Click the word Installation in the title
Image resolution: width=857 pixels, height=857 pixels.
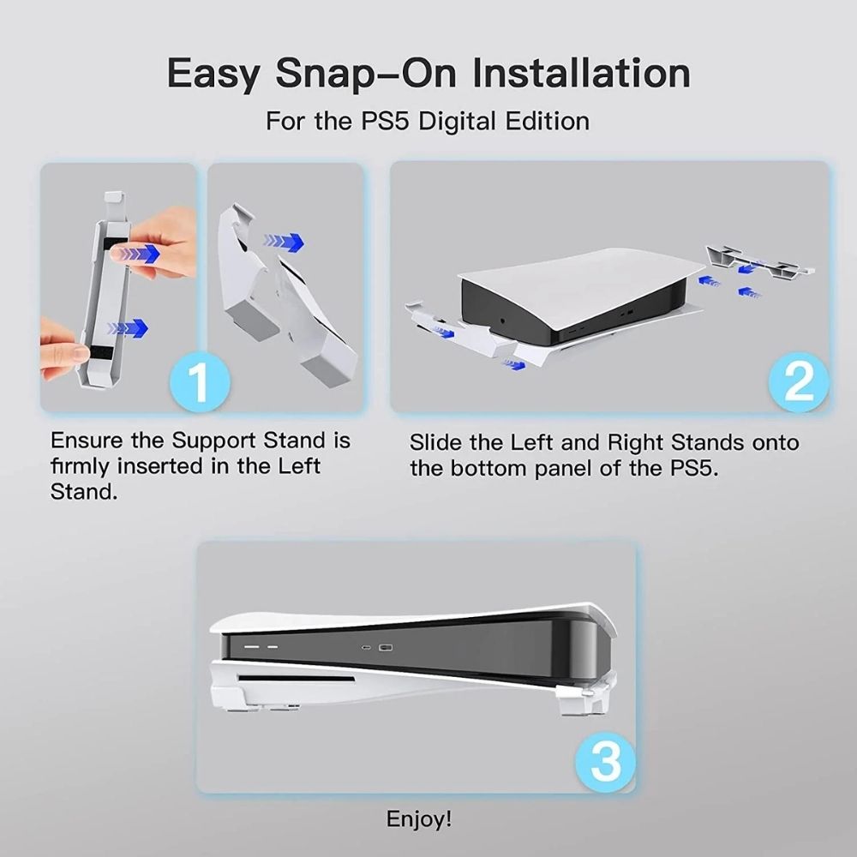click(x=581, y=73)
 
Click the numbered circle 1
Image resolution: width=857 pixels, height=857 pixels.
click(x=200, y=382)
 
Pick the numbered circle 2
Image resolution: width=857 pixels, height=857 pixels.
click(x=799, y=382)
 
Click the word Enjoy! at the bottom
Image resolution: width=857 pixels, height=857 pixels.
click(x=419, y=819)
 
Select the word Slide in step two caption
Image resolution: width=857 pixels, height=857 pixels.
click(x=435, y=443)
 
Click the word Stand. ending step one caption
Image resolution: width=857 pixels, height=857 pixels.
click(x=84, y=492)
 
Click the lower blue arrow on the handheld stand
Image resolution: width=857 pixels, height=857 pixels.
click(x=129, y=328)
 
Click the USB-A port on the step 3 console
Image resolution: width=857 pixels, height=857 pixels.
click(x=386, y=648)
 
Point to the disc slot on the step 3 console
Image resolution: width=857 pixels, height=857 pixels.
click(x=296, y=679)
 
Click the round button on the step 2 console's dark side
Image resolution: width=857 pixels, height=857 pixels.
click(x=502, y=321)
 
